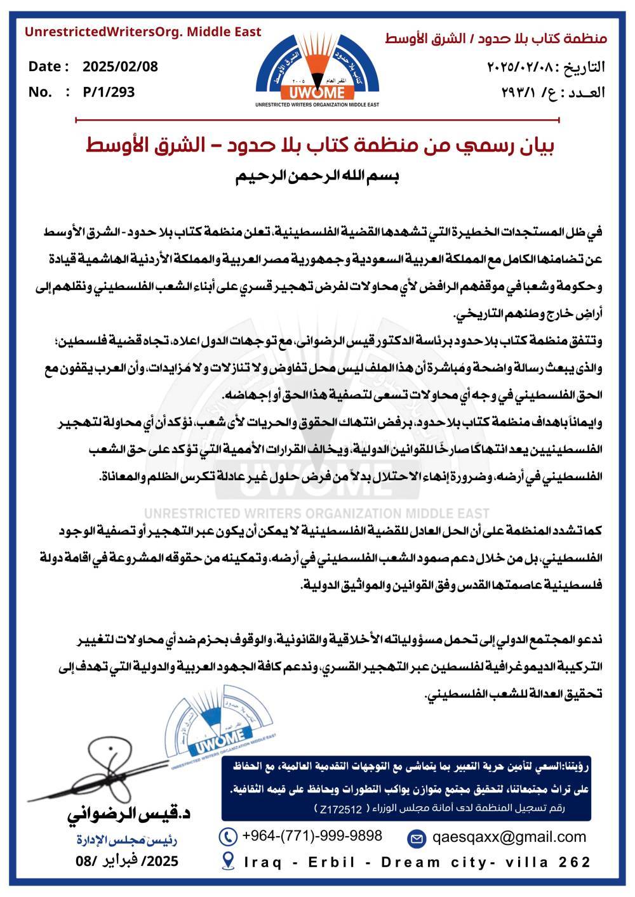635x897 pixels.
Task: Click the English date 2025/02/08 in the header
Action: [120, 67]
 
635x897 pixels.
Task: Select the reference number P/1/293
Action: [109, 92]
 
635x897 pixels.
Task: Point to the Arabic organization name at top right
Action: [496, 39]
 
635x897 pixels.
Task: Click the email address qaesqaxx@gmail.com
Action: [509, 836]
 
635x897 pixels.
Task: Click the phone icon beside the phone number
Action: [227, 836]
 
